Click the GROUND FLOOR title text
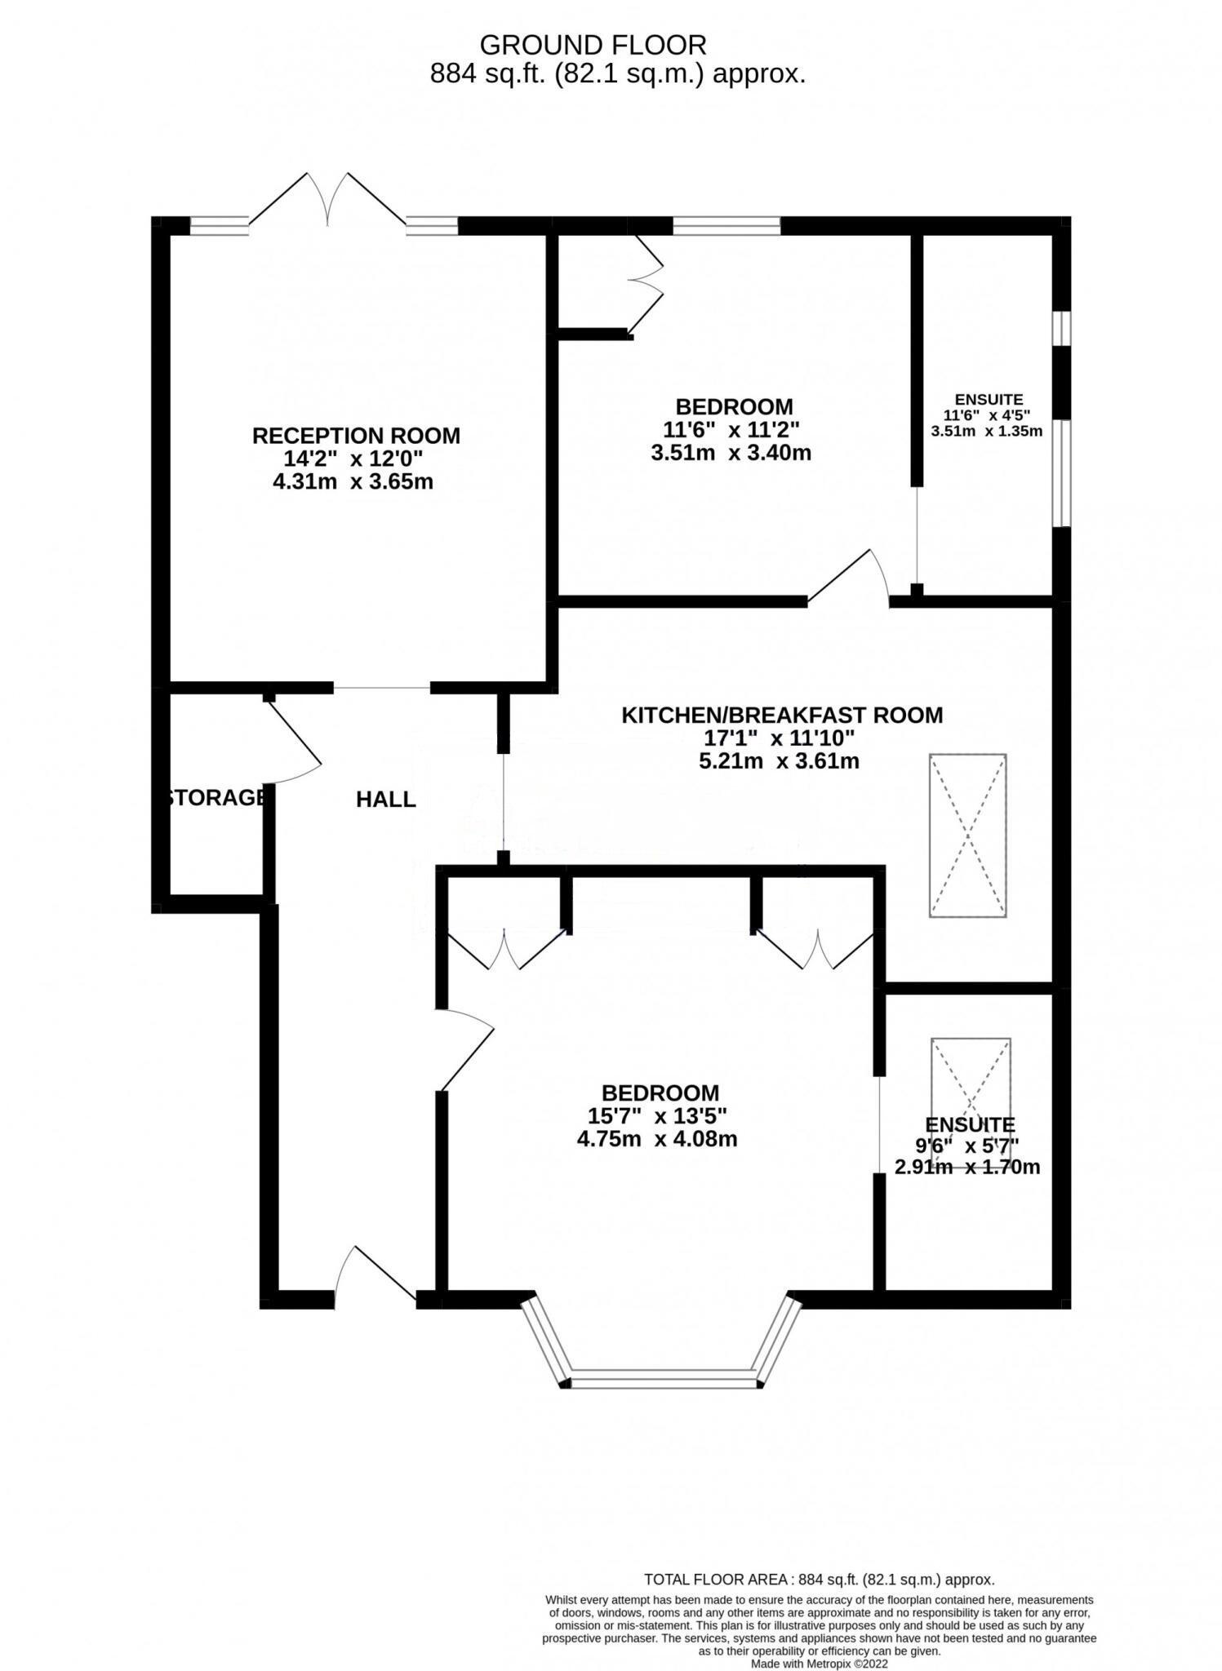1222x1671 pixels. tap(593, 44)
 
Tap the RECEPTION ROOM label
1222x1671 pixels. tap(356, 436)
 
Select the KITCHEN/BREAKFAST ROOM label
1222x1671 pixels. tap(782, 716)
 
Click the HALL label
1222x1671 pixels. tap(385, 800)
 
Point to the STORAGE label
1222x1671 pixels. tap(216, 797)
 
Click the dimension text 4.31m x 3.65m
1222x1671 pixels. tap(353, 481)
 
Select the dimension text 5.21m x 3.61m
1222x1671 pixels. tap(780, 762)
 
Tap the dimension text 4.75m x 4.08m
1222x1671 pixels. tap(657, 1139)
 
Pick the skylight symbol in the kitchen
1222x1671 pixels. tap(967, 835)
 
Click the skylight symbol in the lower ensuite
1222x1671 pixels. tap(971, 1081)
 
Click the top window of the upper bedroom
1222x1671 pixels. tap(727, 225)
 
